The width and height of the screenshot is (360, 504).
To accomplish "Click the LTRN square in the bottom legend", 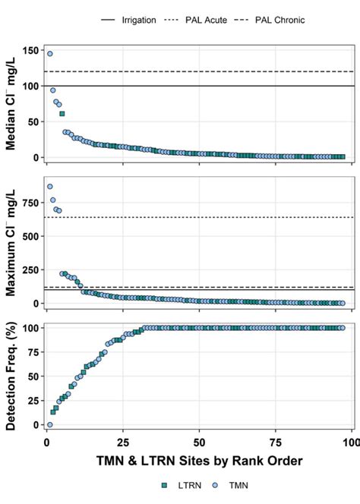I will [x=164, y=484].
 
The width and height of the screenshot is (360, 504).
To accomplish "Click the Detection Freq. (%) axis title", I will [x=13, y=377].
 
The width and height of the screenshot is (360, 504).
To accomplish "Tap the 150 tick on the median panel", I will [x=30, y=50].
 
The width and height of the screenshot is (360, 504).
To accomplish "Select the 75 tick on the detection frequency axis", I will [x=33, y=352].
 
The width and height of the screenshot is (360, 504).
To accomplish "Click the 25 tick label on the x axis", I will [x=123, y=442].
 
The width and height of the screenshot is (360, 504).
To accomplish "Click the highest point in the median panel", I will [x=50, y=54].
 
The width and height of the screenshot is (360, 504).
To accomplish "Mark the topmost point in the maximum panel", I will [x=50, y=187].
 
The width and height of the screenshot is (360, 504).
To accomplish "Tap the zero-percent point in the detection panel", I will [x=50, y=425].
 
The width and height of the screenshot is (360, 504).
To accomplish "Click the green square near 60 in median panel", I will [x=62, y=114].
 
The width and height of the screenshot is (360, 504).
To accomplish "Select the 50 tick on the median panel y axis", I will [x=33, y=121].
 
